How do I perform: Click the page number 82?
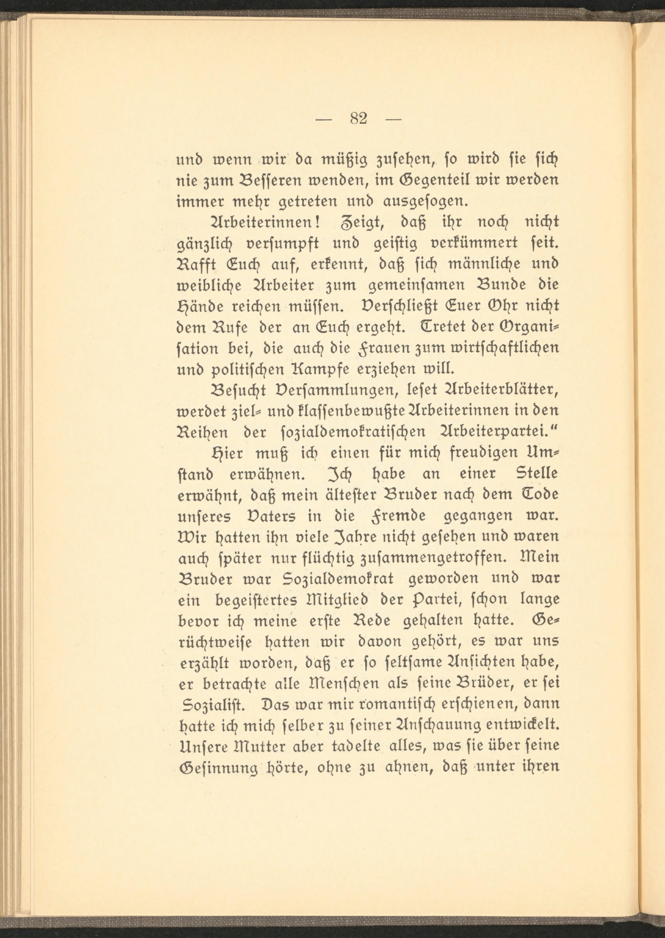359,119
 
